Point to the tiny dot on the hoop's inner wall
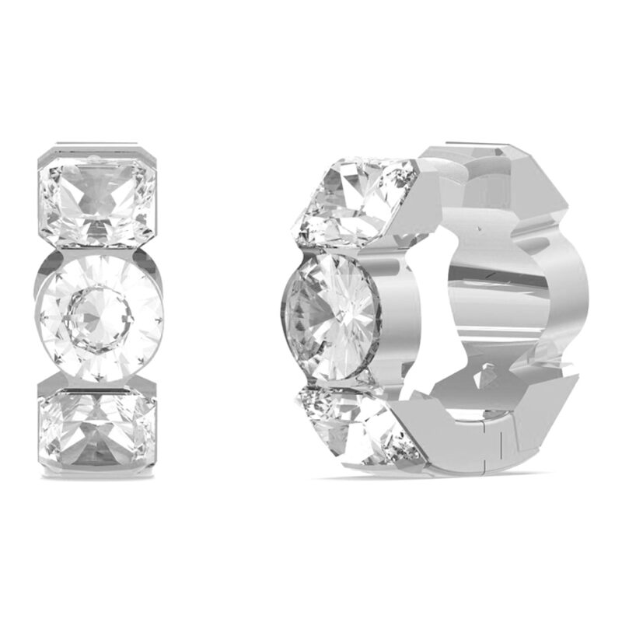473,231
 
